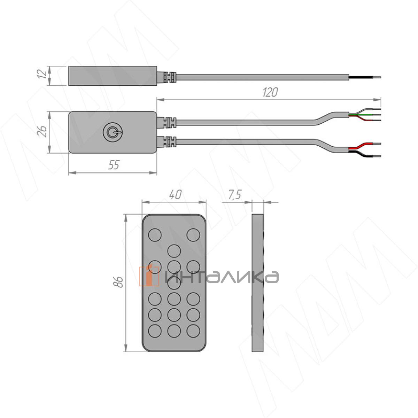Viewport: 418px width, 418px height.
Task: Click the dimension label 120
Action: coord(270,92)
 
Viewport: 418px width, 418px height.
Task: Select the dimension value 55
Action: coord(114,165)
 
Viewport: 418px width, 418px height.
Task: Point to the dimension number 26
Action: coord(42,131)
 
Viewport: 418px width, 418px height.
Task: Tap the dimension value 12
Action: coord(42,74)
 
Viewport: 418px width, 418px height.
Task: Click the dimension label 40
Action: coord(175,195)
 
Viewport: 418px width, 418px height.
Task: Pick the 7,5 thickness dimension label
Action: coord(234,194)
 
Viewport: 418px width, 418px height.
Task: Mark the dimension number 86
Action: coord(118,282)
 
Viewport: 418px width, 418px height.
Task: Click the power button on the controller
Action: coord(113,132)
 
